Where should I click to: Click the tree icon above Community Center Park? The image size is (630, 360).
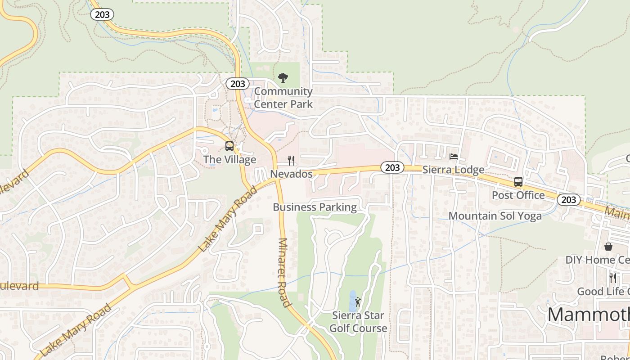283,78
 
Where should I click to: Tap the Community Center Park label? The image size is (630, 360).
283,98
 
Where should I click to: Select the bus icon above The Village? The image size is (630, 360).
229,146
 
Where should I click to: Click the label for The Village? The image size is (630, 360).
229,159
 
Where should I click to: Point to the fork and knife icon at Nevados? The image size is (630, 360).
292,161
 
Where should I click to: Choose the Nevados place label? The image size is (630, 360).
291,174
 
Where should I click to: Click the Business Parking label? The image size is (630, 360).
315,207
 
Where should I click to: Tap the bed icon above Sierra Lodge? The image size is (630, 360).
454,157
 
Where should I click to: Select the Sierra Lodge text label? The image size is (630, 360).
453,170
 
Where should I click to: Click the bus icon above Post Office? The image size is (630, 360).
518,182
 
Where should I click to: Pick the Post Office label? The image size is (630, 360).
518,195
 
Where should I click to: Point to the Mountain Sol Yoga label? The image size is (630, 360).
495,216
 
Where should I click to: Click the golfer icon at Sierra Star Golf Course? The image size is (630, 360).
358,302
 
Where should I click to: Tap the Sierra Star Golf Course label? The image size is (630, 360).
358,322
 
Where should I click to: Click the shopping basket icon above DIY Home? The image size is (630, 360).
608,247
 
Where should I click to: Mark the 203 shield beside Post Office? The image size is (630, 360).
569,199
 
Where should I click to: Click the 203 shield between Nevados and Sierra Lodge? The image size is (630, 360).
392,167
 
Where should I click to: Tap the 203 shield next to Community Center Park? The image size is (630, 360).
238,84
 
